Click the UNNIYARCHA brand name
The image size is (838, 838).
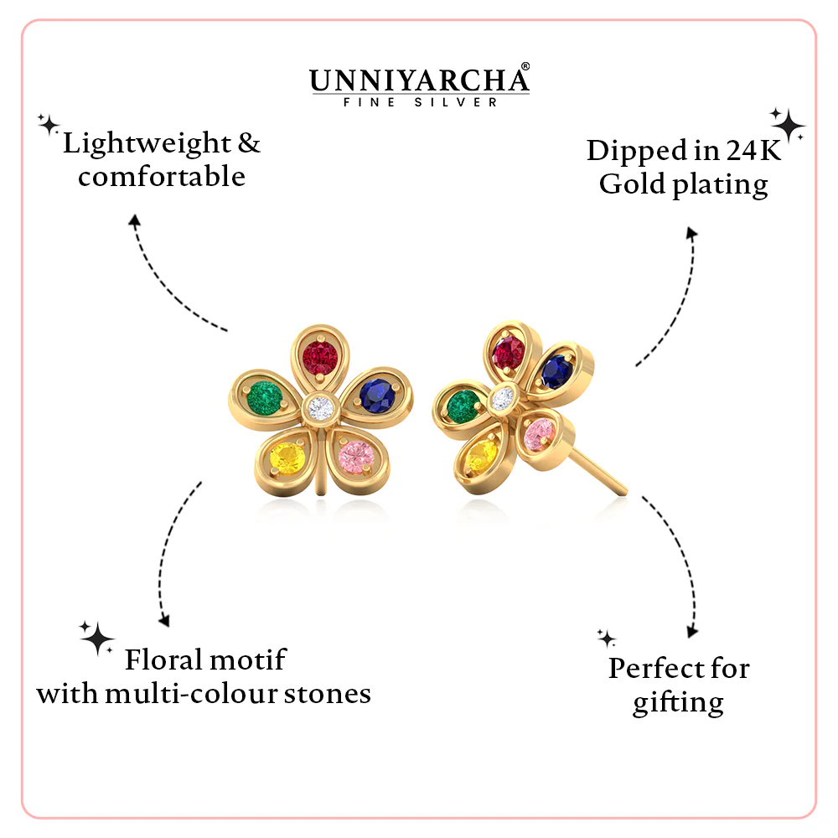click(x=418, y=80)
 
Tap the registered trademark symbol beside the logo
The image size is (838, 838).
click(x=525, y=66)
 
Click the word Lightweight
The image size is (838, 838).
click(x=147, y=144)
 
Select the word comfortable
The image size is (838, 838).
click(x=162, y=176)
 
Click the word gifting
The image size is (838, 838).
click(x=678, y=703)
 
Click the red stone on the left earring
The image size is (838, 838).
click(x=320, y=358)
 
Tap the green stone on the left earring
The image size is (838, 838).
click(x=265, y=397)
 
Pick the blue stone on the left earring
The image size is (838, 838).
click(x=377, y=396)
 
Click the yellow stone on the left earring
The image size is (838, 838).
click(x=287, y=459)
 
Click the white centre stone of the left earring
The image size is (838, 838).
click(x=321, y=409)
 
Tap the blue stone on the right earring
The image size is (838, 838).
click(x=556, y=371)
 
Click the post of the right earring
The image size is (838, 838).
click(x=597, y=471)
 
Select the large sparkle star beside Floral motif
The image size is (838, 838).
click(x=97, y=638)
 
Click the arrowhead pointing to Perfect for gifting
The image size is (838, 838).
click(x=692, y=632)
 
